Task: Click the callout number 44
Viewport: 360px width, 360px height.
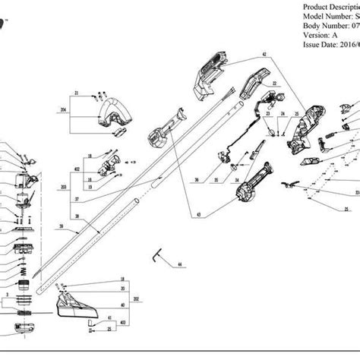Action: click(x=180, y=264)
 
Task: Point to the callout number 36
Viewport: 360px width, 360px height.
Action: click(x=196, y=180)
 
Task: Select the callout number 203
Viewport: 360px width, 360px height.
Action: click(x=63, y=186)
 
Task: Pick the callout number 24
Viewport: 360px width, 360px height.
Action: click(x=283, y=114)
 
